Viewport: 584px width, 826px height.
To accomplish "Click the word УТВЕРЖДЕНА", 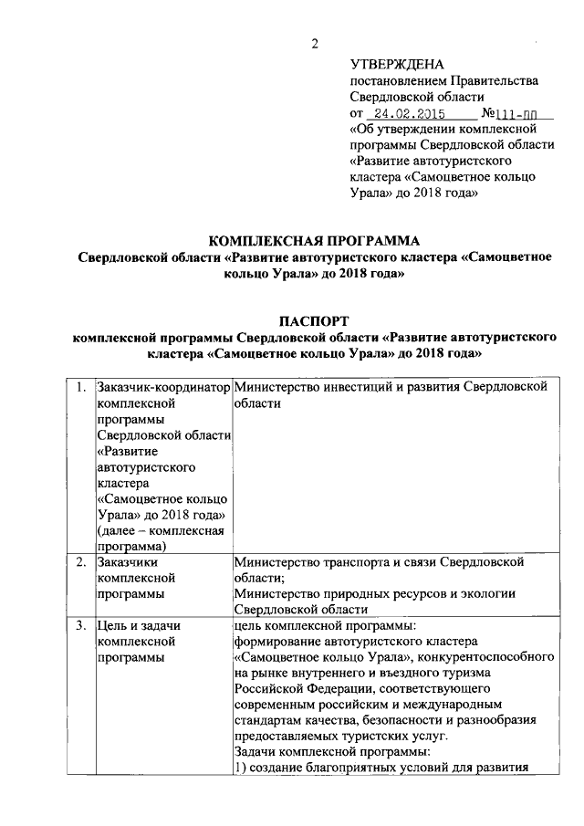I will pos(397,64).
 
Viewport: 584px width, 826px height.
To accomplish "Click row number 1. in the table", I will pos(83,387).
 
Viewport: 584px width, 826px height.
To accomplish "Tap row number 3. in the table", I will pos(83,625).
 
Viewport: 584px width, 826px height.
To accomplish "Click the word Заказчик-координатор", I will pos(163,387).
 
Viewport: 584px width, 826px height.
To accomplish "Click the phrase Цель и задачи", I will pos(140,625).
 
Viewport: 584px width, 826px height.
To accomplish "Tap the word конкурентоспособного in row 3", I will pos(474,657).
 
